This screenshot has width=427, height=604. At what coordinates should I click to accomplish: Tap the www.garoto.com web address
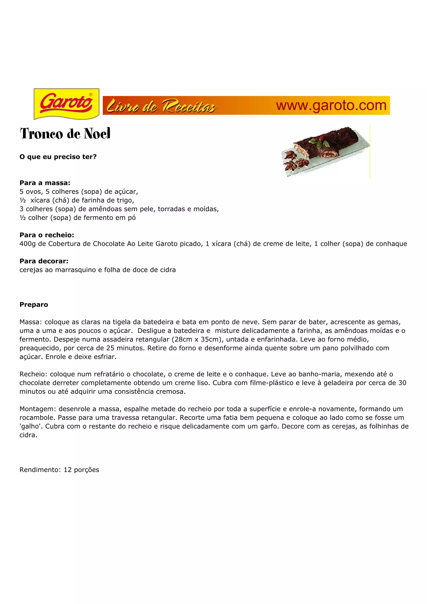point(331,105)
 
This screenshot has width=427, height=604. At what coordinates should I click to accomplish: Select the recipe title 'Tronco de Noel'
point(65,133)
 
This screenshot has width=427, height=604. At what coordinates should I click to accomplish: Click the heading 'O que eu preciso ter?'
point(58,157)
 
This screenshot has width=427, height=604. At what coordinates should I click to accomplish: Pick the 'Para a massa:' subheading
point(45,183)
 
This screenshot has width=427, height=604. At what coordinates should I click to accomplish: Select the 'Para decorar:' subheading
point(44,261)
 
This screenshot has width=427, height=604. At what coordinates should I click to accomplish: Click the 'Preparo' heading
point(34,305)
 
